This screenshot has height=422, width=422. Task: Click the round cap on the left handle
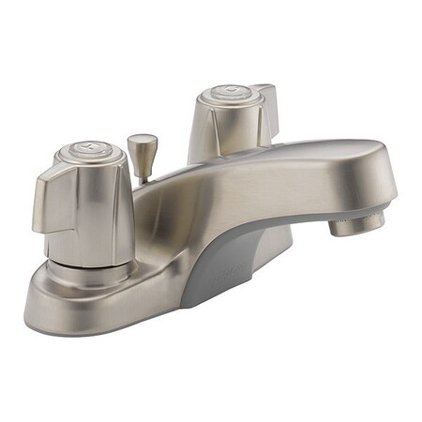(x=89, y=152)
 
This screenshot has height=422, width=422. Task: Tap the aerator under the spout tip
(x=359, y=222)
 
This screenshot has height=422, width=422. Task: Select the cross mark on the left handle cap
(x=88, y=150)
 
